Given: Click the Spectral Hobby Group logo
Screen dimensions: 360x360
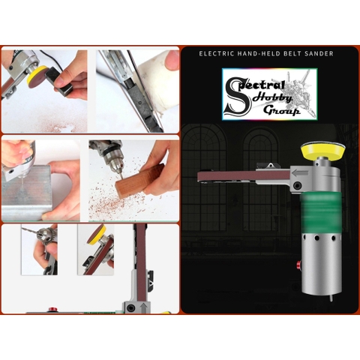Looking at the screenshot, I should (269, 94).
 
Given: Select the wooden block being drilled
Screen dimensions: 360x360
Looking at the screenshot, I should (138, 181).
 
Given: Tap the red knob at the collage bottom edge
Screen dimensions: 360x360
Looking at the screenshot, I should (52, 310).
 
